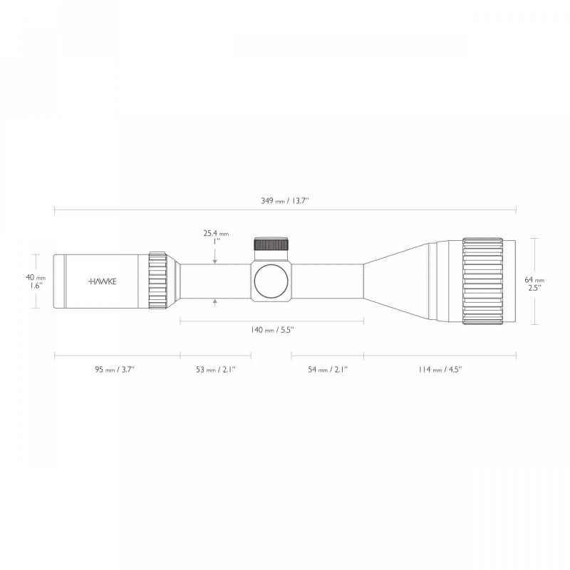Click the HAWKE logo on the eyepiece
point(103,281)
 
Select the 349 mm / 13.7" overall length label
point(285,202)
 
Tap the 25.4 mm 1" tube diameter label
point(214,237)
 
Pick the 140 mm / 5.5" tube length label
point(271,330)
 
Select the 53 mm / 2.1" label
point(215,369)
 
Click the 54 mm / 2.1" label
point(327,369)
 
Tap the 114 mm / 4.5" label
point(440,369)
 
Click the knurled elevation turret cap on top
point(271,244)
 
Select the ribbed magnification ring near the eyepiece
point(157,281)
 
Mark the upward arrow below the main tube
point(215,304)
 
